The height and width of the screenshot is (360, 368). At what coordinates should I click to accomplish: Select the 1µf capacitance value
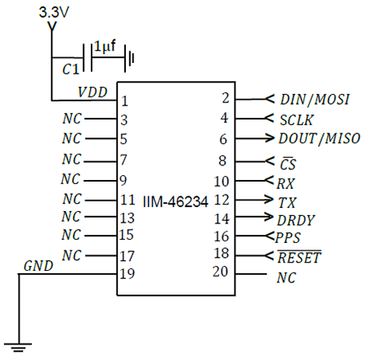(x=105, y=47)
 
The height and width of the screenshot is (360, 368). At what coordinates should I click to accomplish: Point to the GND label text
(x=38, y=266)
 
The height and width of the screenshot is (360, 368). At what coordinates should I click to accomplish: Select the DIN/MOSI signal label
(x=315, y=99)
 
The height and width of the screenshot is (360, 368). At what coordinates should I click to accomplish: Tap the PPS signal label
(x=289, y=238)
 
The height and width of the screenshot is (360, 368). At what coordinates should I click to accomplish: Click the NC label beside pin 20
(x=287, y=278)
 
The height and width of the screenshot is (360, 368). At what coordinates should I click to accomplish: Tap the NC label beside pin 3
(x=72, y=119)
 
